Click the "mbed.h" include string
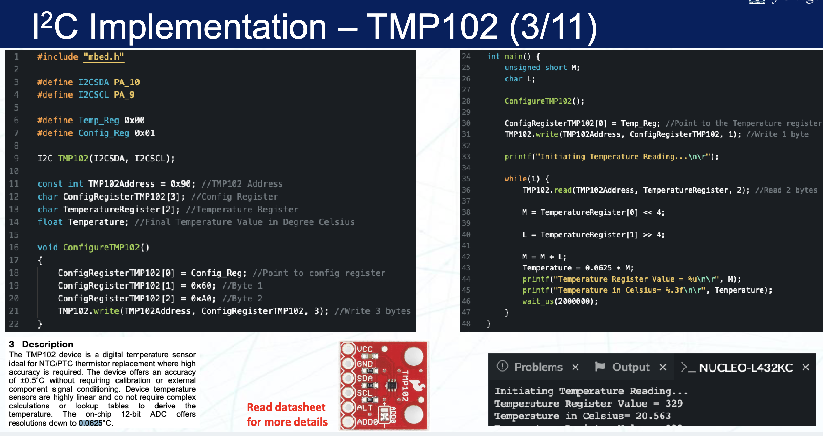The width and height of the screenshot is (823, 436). [x=104, y=57]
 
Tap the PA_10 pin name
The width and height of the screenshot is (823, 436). [x=127, y=82]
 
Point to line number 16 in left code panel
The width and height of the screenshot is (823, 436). [x=14, y=247]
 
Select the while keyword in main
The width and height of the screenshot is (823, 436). [x=515, y=179]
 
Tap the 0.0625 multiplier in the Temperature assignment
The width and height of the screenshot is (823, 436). [x=598, y=268]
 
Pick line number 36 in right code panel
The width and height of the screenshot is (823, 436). [x=466, y=190]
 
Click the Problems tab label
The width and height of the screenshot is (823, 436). [x=538, y=367]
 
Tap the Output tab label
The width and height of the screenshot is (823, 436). [x=631, y=367]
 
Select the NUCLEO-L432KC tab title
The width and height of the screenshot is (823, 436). [x=746, y=367]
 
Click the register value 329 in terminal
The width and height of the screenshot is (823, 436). [x=674, y=404]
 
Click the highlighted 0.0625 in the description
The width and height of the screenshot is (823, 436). [x=90, y=423]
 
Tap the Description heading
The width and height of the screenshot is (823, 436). [x=47, y=344]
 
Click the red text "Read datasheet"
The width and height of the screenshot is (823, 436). [x=286, y=407]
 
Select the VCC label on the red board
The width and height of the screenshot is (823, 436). [x=364, y=349]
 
